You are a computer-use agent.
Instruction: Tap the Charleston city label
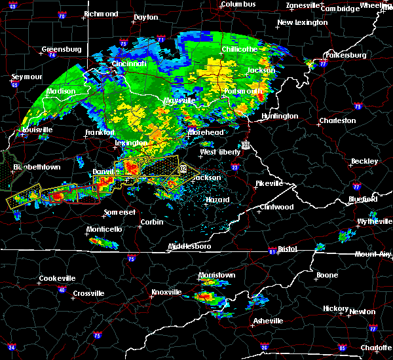tap(337, 120)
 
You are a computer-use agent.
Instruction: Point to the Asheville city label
tap(269, 321)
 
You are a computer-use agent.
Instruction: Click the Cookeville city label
tap(57, 278)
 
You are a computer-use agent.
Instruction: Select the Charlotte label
tap(376, 348)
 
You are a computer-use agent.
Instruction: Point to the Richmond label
tap(101, 14)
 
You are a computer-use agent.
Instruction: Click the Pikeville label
tap(269, 183)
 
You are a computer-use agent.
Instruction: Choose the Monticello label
tap(105, 229)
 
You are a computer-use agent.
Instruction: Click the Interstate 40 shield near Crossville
tap(62, 289)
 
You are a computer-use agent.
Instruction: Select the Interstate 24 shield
tap(11, 347)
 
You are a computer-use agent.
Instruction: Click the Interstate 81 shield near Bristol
tap(271, 251)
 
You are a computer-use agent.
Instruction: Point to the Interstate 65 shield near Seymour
tap(15, 84)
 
